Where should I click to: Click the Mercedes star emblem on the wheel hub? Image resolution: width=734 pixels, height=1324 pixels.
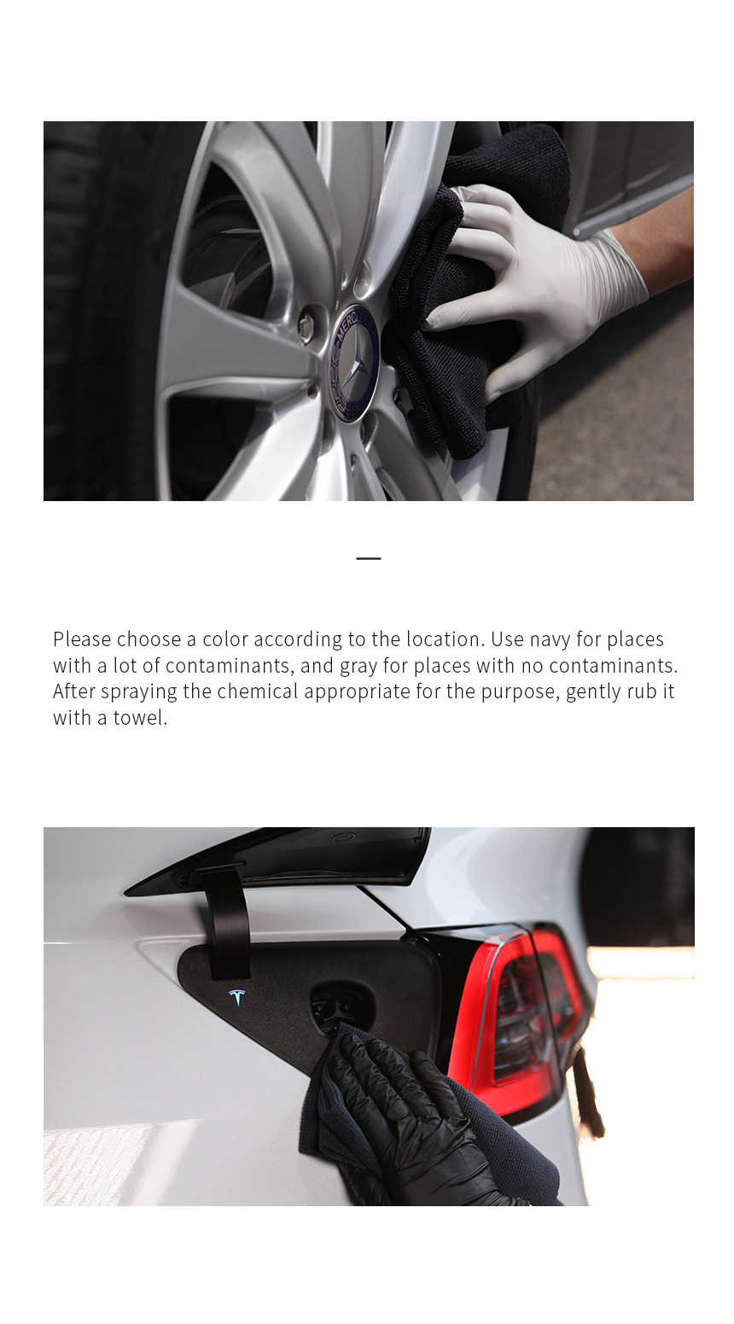point(354,363)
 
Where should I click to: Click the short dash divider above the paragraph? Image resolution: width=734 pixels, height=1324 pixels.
point(368,558)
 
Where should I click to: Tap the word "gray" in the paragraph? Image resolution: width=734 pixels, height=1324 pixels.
point(358,667)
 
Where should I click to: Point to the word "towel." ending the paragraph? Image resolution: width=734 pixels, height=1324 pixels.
point(140,718)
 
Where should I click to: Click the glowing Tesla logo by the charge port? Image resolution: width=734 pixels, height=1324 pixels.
point(237,997)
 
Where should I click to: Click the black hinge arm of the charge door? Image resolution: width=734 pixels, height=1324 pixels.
point(228,919)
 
